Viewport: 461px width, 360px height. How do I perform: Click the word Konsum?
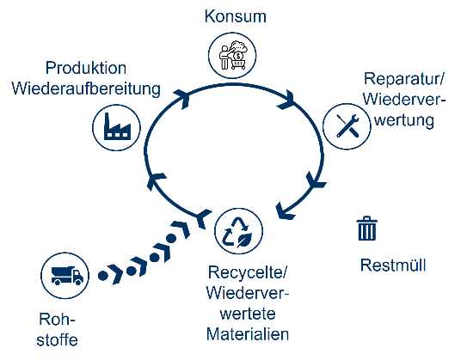coord(235,16)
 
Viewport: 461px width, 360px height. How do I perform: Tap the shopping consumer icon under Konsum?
coord(232,56)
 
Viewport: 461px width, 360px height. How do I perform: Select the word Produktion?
coord(86,68)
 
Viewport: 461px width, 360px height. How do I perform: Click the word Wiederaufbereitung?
coord(86,88)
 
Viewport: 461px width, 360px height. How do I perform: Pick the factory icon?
coord(116,127)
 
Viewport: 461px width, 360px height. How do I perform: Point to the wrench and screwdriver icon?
coord(347,126)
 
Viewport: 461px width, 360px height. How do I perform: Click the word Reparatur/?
coord(404,79)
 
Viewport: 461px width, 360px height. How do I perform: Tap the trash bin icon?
coord(367,229)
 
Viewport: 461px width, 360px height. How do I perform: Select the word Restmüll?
coord(393,265)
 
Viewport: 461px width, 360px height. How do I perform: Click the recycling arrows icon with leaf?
coord(238,231)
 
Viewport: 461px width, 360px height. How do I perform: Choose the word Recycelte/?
coord(247,273)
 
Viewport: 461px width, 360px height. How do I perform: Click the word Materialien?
coord(248,334)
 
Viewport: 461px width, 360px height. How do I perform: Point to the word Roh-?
coord(58,319)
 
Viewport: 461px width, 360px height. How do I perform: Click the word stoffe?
coord(58,340)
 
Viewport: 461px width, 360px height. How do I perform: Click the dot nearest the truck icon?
coord(103,276)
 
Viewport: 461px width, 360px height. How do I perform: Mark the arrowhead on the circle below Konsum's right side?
coord(286,101)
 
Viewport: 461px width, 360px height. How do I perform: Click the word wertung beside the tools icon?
coord(404,120)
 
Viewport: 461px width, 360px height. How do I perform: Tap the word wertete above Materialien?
coord(248,314)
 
